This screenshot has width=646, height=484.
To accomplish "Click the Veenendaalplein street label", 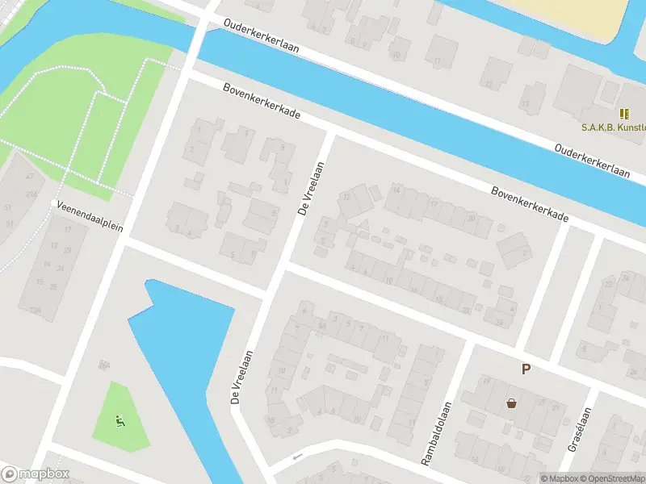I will pos(90,215).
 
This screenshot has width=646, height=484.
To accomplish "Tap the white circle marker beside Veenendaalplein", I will pos(55,203).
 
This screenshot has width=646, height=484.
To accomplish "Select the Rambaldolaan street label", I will pos(435,433).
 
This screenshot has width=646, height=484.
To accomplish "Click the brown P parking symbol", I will pos(526,369).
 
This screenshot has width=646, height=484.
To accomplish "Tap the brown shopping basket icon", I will pos(511,403).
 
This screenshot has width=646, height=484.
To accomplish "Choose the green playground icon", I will pos(120,419).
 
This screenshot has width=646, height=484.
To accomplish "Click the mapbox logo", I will pos(34,474).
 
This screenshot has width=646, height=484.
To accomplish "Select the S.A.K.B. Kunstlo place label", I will pos(613,127).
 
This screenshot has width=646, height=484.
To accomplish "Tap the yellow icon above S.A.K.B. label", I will pos(623,114).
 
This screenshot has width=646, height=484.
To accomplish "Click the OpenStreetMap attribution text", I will pos(611,478).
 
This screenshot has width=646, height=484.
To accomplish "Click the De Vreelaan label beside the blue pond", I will pos(242,377).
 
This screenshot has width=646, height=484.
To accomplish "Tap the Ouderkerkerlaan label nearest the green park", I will pos(262,36).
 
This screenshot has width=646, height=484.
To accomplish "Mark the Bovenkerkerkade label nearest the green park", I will pos(262,102).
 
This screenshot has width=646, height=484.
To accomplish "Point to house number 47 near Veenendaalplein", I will pos(30,176).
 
